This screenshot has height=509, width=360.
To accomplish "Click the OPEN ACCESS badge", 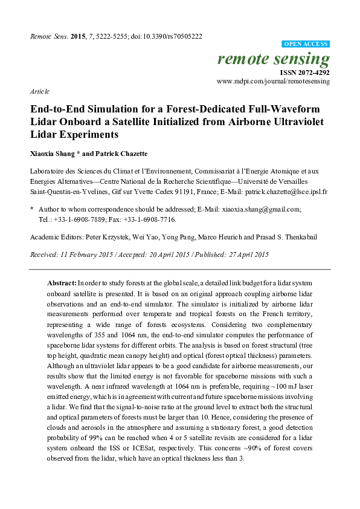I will tap(306, 44).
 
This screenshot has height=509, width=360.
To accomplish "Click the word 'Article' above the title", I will tap(39, 92).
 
